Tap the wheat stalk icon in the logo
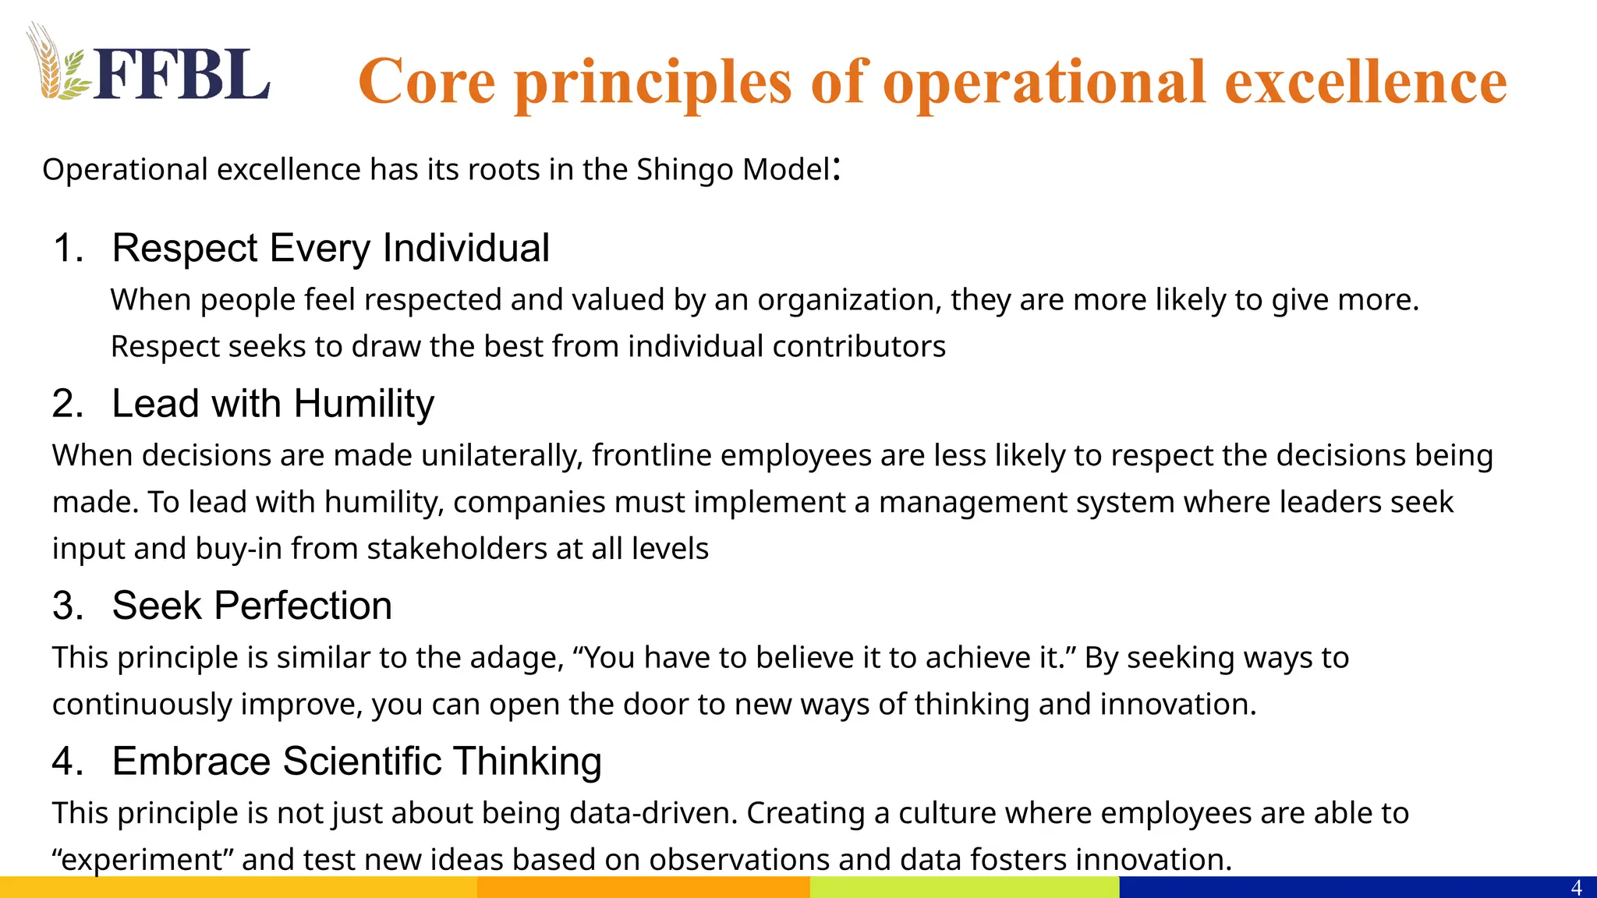point(48,64)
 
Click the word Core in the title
point(427,81)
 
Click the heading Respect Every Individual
point(331,248)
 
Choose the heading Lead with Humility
point(273,404)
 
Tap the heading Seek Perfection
point(252,606)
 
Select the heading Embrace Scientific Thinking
point(356,761)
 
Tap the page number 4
point(1576,888)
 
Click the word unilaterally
point(501,455)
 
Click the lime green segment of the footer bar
point(964,887)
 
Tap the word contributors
point(859,346)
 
